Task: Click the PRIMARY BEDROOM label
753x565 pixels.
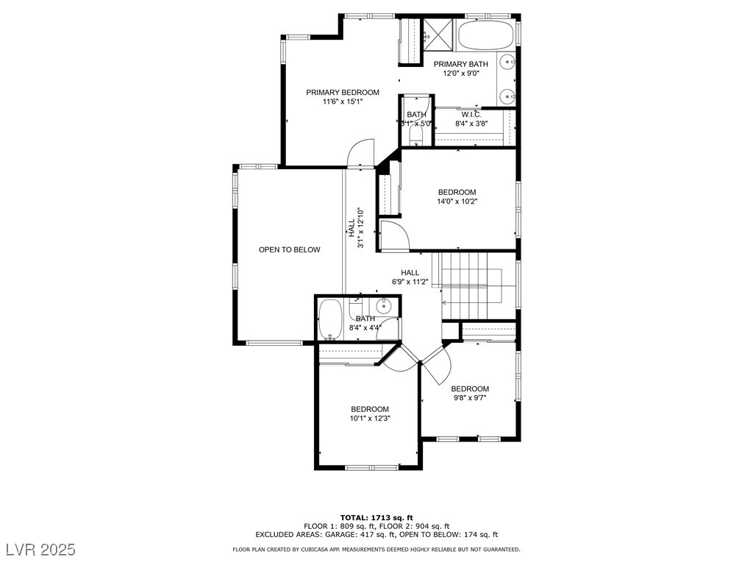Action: pyautogui.click(x=343, y=92)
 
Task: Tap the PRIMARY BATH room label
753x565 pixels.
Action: pyautogui.click(x=460, y=64)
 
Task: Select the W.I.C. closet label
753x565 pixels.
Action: pyautogui.click(x=471, y=114)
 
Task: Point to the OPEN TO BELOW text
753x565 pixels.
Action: pyautogui.click(x=289, y=249)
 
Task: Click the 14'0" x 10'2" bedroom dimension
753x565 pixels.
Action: pyautogui.click(x=457, y=201)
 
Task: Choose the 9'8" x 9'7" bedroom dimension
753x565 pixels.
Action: pyautogui.click(x=469, y=398)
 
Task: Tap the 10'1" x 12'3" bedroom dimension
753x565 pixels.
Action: pyautogui.click(x=369, y=418)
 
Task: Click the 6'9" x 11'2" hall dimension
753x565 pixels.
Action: pyautogui.click(x=410, y=281)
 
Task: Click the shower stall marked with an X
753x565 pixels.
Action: pyautogui.click(x=439, y=33)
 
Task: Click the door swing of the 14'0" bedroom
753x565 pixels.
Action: pyautogui.click(x=394, y=235)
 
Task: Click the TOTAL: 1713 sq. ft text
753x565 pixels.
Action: pyautogui.click(x=376, y=517)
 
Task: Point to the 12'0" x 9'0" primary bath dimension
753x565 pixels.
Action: pyautogui.click(x=460, y=74)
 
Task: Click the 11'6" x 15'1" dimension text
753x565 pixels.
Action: pyautogui.click(x=343, y=102)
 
